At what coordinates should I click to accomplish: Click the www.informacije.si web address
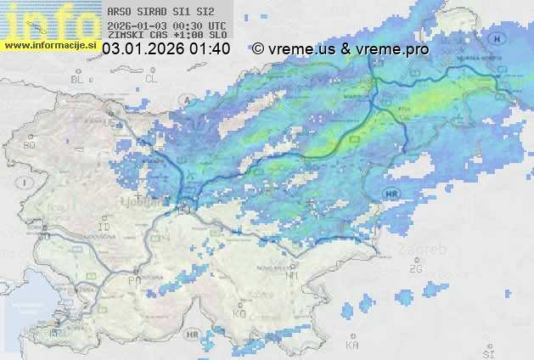tap(50, 43)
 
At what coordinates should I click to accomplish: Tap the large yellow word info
tap(49, 19)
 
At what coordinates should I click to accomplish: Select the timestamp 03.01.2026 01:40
tap(166, 49)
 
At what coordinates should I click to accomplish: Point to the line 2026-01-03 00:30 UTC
tap(166, 25)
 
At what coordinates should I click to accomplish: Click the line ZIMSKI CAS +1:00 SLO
tap(166, 36)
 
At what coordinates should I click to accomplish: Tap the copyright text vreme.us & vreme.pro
tap(340, 49)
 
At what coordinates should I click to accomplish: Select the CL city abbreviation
tap(151, 79)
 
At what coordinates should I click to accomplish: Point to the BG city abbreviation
tap(30, 145)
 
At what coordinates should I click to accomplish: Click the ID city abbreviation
tap(104, 228)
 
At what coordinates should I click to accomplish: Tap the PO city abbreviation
tap(133, 280)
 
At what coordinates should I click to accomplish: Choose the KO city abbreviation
tap(239, 313)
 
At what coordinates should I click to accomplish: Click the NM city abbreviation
tap(293, 275)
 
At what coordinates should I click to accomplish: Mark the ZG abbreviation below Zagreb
tap(415, 268)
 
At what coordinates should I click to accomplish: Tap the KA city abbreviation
tap(351, 345)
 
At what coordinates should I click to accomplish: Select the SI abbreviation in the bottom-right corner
tap(487, 352)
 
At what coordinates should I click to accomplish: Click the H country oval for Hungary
tap(497, 38)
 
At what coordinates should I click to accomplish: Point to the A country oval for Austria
tap(186, 99)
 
